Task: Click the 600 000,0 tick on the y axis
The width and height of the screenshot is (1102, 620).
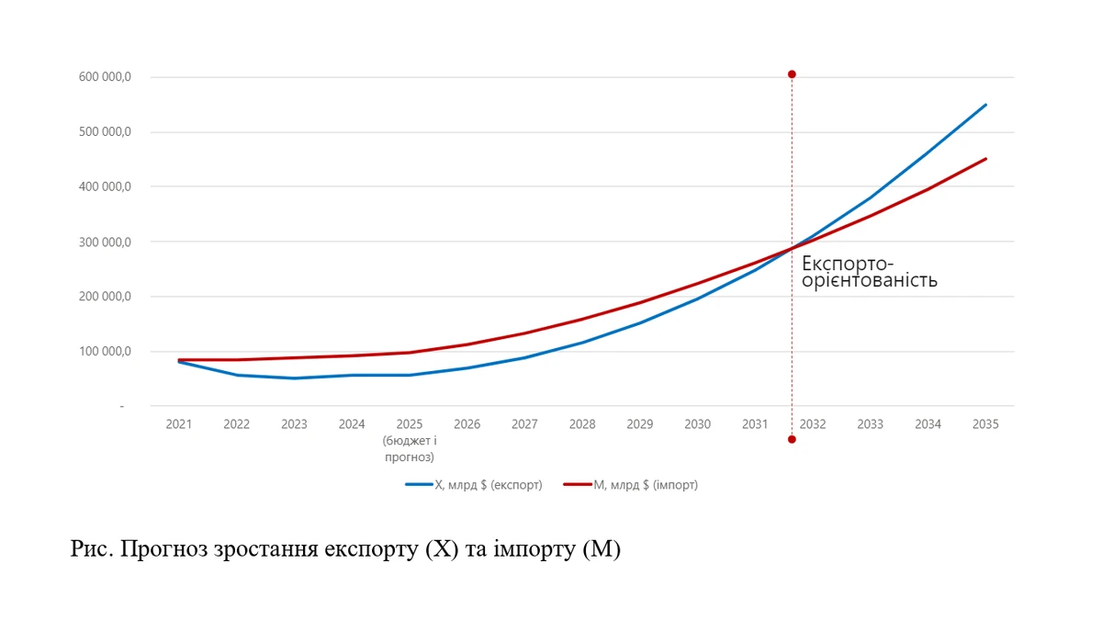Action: click(107, 77)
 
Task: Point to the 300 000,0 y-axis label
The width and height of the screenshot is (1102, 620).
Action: click(107, 242)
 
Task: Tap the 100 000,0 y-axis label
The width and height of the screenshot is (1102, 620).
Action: click(107, 352)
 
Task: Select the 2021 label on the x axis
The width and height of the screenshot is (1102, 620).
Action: click(179, 424)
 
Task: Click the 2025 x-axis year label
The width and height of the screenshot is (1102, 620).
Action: click(409, 424)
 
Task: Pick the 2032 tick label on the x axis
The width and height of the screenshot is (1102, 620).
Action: click(813, 424)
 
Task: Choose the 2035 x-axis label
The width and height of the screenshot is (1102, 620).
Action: click(985, 424)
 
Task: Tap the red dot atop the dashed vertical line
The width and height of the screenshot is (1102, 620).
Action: click(792, 74)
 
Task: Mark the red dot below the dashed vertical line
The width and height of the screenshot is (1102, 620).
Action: click(792, 439)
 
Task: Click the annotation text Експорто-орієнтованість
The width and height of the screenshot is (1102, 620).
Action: click(869, 272)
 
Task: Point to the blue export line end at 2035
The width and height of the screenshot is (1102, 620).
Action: click(985, 105)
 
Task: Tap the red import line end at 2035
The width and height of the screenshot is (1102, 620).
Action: click(985, 159)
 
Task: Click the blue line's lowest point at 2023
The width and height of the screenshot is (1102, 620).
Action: click(294, 378)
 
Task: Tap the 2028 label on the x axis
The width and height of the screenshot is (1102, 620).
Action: click(581, 424)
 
